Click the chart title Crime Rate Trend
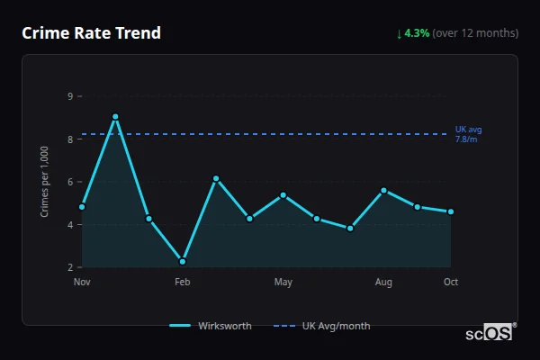(91, 33)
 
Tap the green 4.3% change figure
(417, 33)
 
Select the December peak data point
(115, 116)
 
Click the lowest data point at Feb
(183, 261)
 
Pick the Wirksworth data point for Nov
(82, 206)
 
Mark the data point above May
(283, 194)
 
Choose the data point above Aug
(383, 190)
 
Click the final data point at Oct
(451, 211)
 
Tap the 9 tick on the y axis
(70, 96)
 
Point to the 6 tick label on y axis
(70, 182)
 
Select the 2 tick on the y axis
(70, 267)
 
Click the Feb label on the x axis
(183, 283)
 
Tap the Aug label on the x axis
(383, 283)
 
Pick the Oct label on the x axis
(451, 283)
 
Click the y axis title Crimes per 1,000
(45, 182)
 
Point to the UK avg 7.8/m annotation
(468, 134)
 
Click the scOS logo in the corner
(489, 333)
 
